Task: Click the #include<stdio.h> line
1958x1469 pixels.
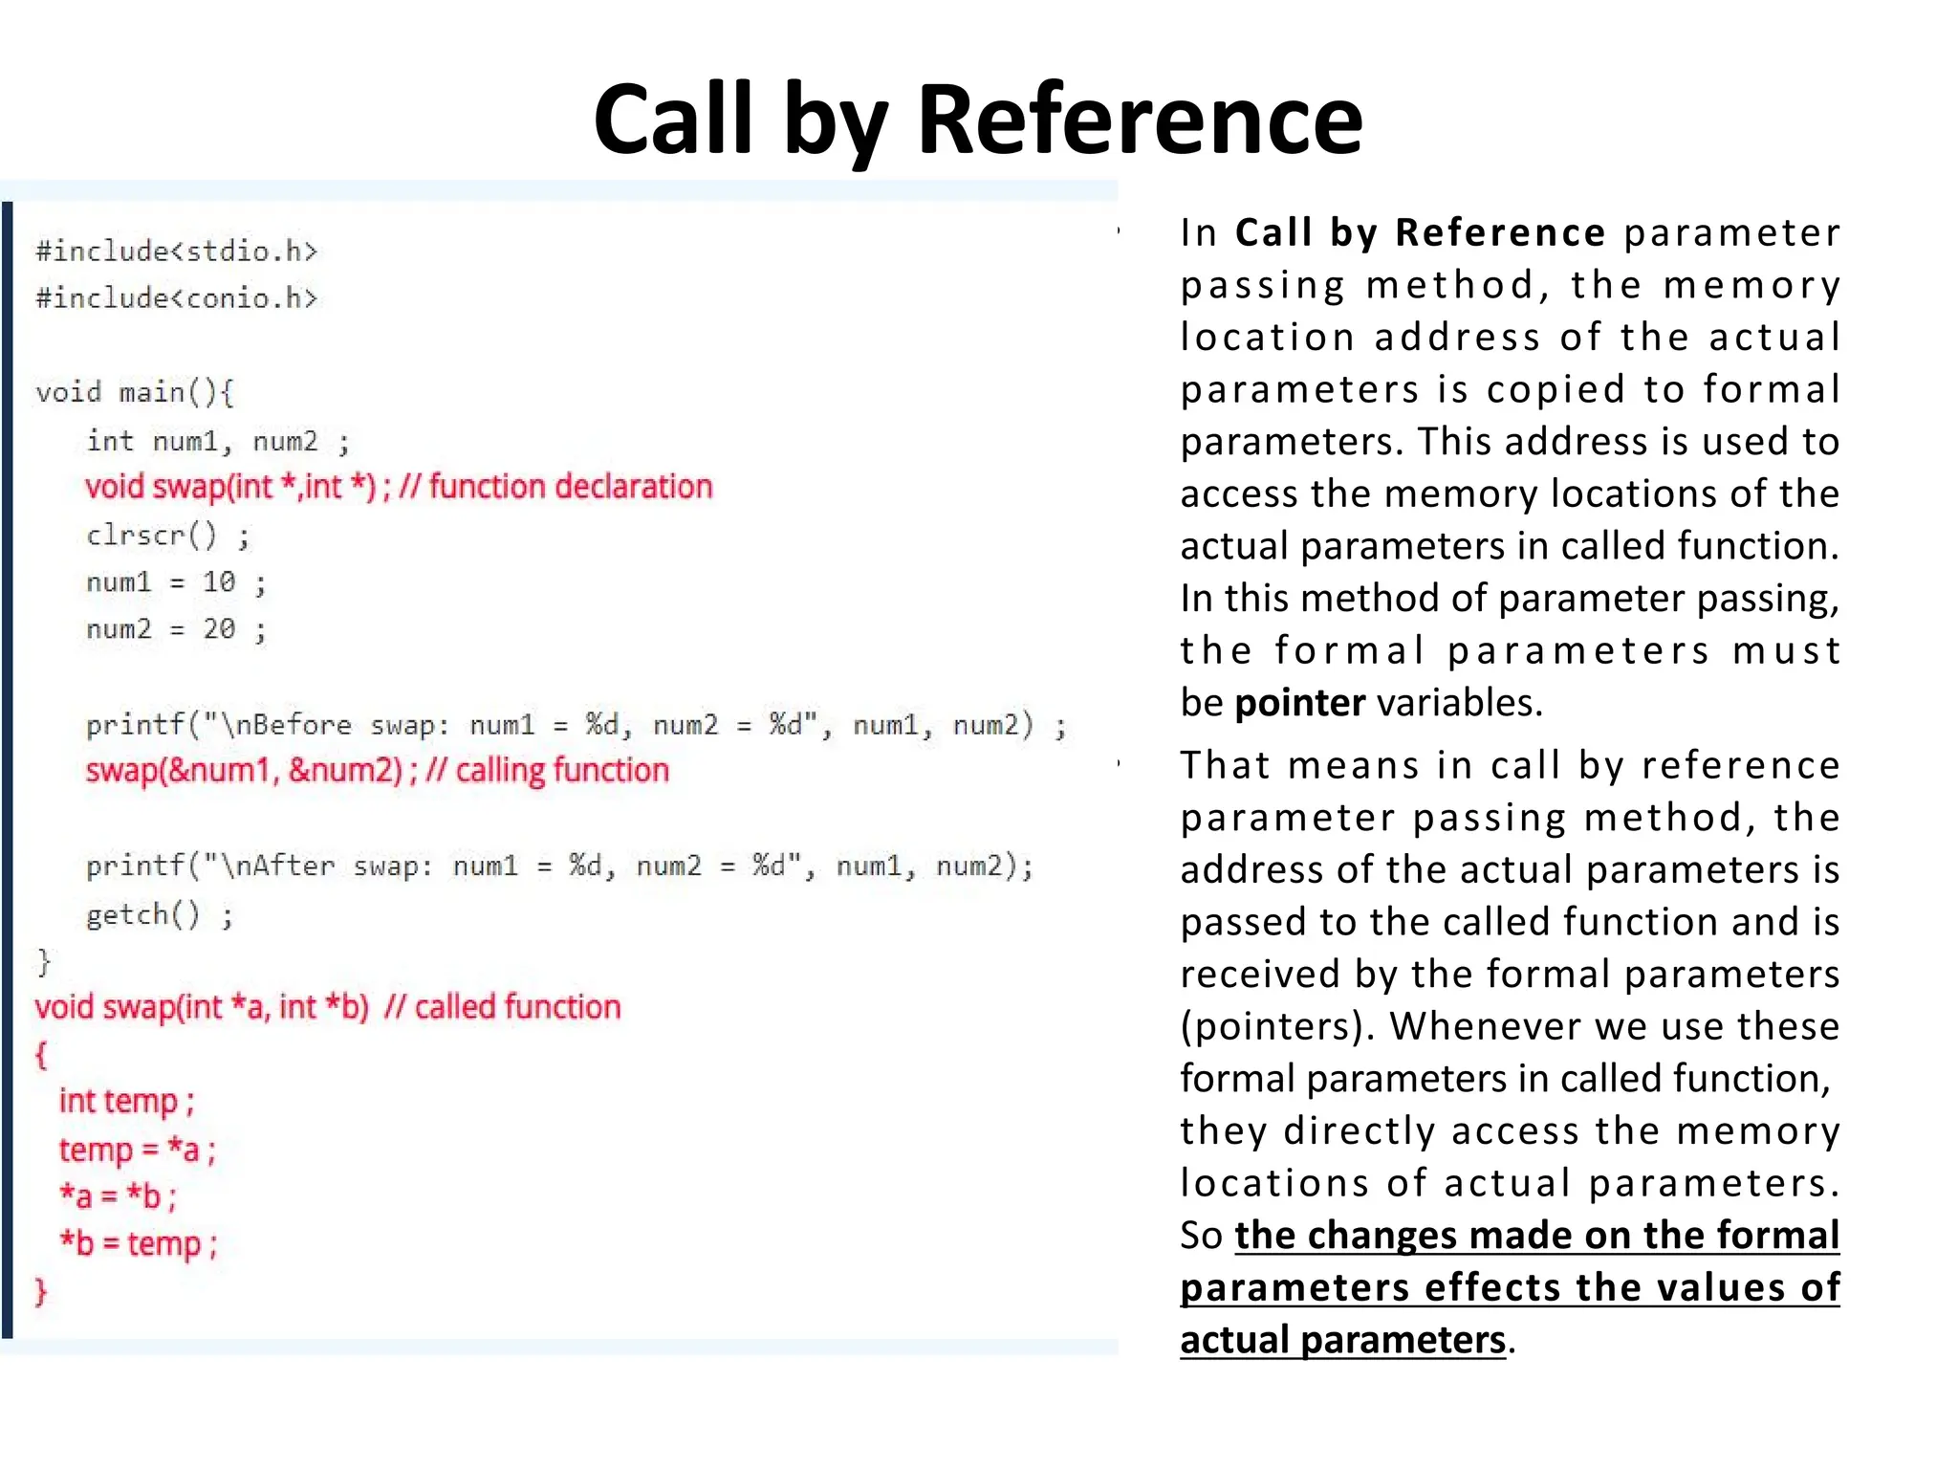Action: [x=177, y=252]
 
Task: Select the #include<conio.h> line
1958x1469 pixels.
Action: [x=177, y=298]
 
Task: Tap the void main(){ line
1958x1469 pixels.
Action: [x=135, y=392]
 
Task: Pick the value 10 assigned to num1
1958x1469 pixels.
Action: [x=219, y=581]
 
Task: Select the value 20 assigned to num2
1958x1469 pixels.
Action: [x=219, y=629]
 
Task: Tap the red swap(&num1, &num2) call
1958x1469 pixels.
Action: [x=245, y=771]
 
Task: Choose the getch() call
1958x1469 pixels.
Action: [x=143, y=914]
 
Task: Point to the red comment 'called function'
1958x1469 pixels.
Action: [x=517, y=1007]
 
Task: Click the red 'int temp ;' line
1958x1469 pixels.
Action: [x=127, y=1102]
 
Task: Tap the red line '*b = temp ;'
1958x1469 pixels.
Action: [x=139, y=1244]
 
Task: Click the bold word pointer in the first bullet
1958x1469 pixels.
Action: [x=1300, y=703]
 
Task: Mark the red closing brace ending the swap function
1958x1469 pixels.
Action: [x=40, y=1291]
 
